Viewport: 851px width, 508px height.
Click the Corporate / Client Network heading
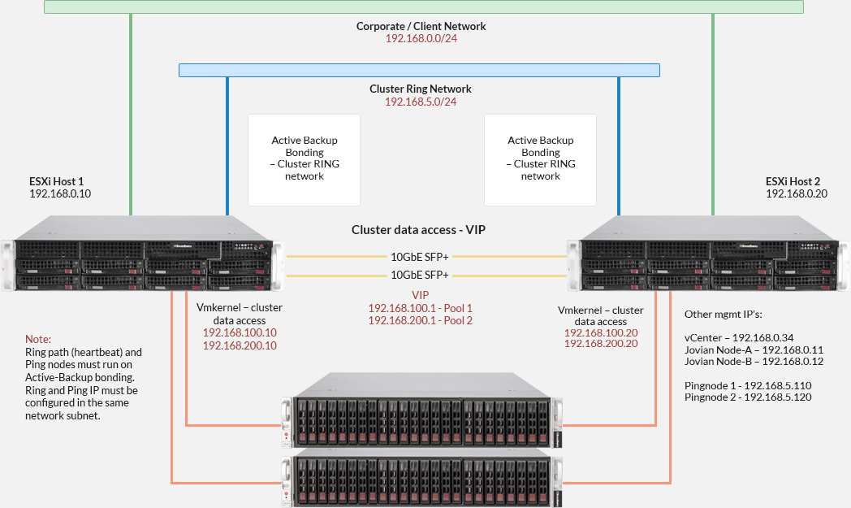(421, 26)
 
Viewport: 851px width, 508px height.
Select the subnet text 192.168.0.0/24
(421, 38)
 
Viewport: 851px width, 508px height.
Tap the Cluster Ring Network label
(420, 89)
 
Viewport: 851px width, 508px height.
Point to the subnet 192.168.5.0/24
(420, 102)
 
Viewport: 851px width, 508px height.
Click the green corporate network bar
(423, 7)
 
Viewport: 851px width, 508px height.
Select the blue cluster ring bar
(419, 71)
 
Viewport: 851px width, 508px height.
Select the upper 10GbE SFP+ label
(420, 257)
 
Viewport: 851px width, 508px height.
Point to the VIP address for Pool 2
(420, 320)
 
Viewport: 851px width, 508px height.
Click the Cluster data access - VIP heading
(419, 230)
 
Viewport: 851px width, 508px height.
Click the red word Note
(37, 338)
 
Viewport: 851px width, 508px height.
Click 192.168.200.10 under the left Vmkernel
(240, 345)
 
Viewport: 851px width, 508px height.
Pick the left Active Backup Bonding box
(304, 158)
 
